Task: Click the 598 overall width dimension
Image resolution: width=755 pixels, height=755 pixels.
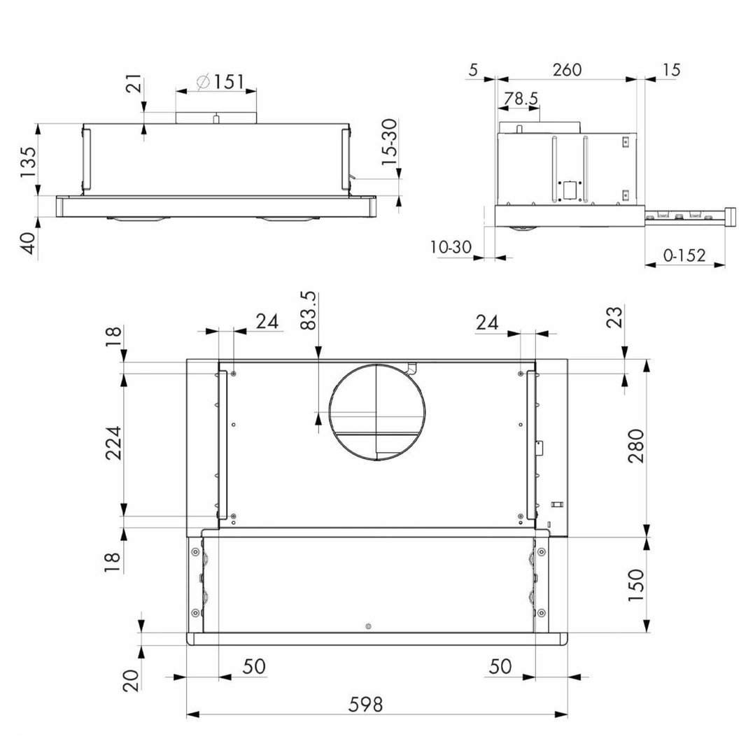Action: pyautogui.click(x=365, y=705)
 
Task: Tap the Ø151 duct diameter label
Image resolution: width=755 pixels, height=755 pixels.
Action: pyautogui.click(x=221, y=82)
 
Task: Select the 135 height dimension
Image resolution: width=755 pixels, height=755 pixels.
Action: pyautogui.click(x=29, y=162)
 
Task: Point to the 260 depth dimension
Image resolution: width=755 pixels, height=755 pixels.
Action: pyautogui.click(x=567, y=70)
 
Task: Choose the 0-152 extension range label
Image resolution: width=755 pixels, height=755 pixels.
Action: pyautogui.click(x=684, y=255)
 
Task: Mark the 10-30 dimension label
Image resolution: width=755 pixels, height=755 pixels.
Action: pyautogui.click(x=451, y=247)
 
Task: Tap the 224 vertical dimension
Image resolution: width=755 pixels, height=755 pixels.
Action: pyautogui.click(x=114, y=443)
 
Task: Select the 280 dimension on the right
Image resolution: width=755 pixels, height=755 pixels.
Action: pyautogui.click(x=636, y=446)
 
